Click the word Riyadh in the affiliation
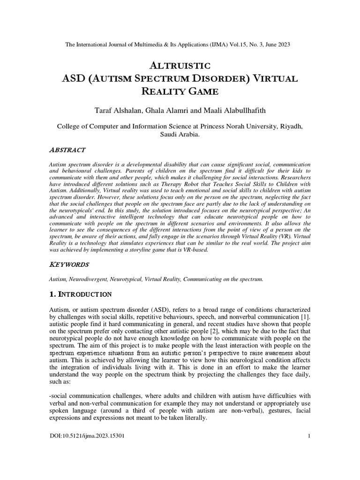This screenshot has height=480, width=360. click(291, 126)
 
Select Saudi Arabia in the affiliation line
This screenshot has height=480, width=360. click(180, 134)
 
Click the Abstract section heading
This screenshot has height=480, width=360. click(67, 150)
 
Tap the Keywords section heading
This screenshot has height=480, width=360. click(68, 265)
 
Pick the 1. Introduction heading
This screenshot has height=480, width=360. click(80, 294)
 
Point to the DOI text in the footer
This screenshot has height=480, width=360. click(87, 436)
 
